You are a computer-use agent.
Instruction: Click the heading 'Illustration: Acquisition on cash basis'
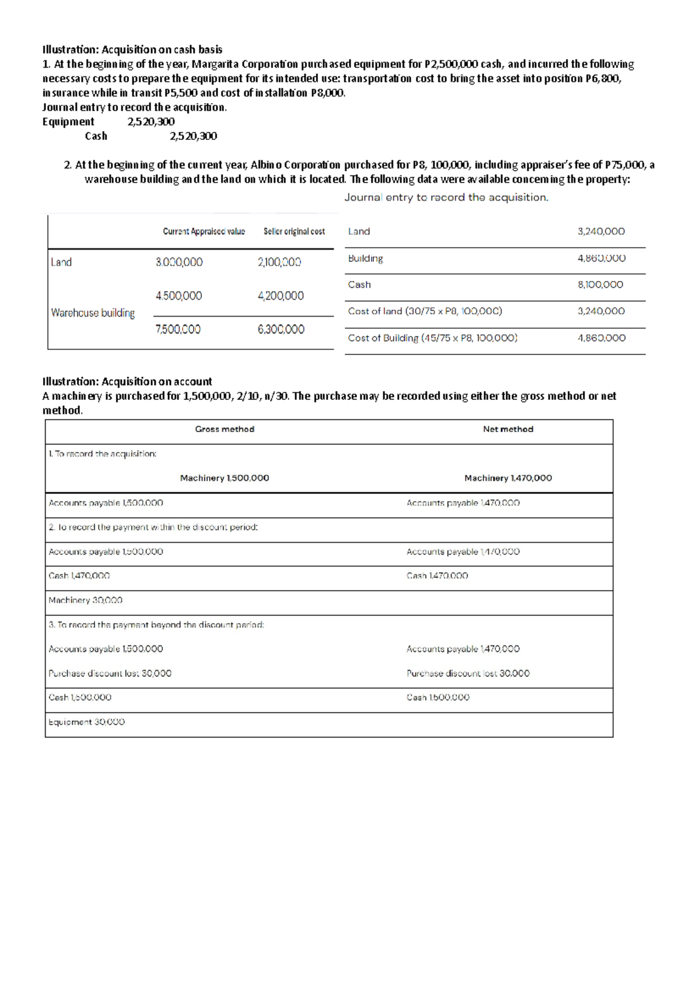(132, 50)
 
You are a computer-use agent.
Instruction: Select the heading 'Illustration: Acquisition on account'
(127, 381)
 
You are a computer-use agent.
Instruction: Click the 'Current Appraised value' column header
(204, 231)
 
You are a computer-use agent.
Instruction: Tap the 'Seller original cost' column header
(294, 231)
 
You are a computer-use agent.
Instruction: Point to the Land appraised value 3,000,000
(179, 262)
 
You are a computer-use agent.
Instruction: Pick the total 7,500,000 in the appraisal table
(178, 329)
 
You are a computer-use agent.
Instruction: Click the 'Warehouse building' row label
(93, 313)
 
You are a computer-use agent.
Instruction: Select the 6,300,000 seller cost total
(281, 329)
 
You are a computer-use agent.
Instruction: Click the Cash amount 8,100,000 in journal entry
(600, 285)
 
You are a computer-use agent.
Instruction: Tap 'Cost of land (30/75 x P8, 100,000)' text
(425, 311)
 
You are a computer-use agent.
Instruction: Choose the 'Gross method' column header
(225, 429)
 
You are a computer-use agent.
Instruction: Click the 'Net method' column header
(508, 429)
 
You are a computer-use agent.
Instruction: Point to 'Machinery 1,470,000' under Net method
(508, 478)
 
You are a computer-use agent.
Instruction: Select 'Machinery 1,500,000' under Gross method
(225, 478)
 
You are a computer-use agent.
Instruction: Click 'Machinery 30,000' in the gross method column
(85, 600)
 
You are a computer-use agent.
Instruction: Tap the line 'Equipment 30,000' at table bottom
(86, 722)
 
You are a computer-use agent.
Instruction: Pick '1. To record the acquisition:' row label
(103, 454)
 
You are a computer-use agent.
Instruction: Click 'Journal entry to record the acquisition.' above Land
(446, 198)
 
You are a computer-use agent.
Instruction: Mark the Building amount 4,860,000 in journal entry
(601, 258)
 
